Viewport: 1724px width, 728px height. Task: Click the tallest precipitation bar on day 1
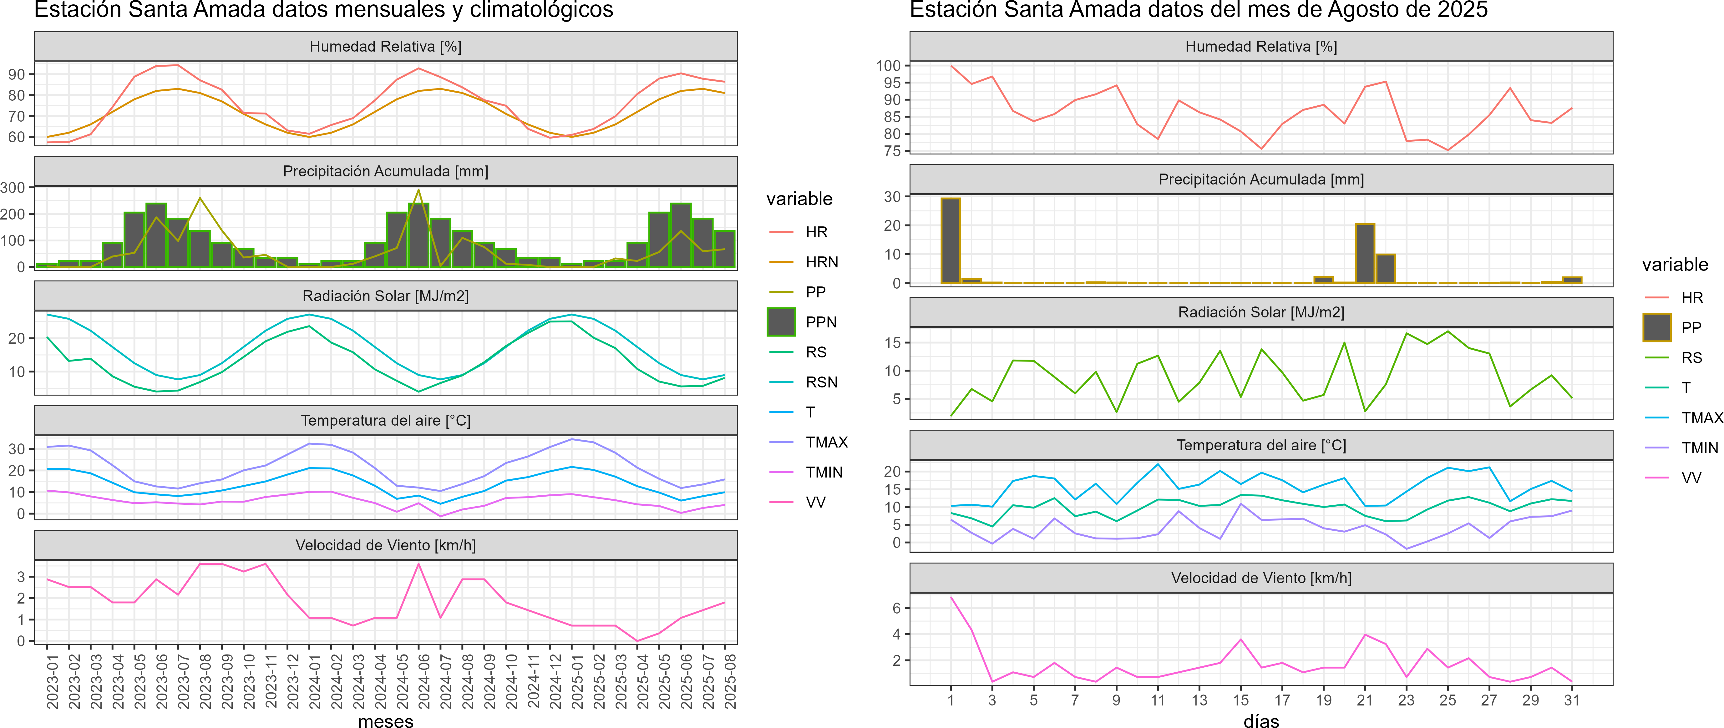(x=950, y=241)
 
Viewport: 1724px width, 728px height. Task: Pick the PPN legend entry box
(x=781, y=322)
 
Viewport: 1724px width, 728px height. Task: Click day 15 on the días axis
(x=1241, y=700)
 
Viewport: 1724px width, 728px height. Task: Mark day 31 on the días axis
(x=1571, y=700)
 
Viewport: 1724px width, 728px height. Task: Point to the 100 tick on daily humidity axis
(x=888, y=66)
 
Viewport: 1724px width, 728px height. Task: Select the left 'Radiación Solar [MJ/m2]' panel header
(x=385, y=296)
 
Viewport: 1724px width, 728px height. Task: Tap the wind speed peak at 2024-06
(x=419, y=564)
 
